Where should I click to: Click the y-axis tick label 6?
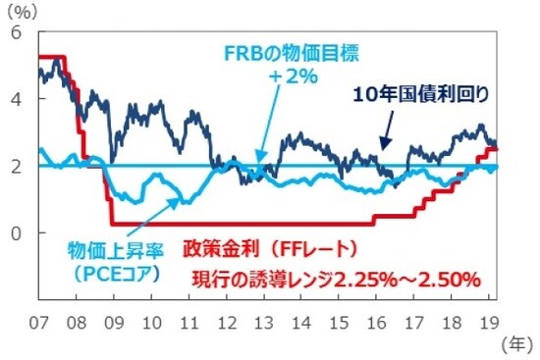[16, 32]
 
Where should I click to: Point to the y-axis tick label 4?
[16, 99]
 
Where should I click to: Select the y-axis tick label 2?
[16, 166]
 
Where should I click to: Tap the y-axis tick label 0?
[16, 232]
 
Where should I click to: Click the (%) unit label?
[22, 11]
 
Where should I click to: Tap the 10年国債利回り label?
[421, 94]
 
